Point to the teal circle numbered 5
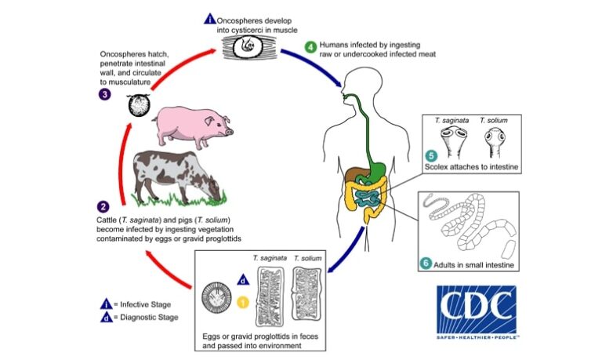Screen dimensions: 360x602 pos(430,154)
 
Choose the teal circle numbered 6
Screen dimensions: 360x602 pos(426,264)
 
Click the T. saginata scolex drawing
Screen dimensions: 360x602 pos(449,144)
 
